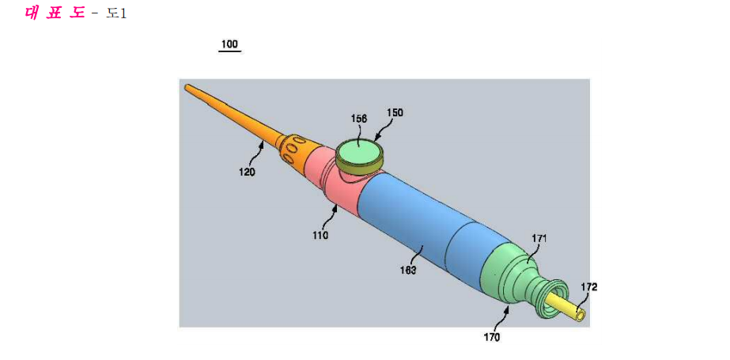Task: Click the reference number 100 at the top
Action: [229, 45]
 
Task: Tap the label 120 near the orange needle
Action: [248, 172]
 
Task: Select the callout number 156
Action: [359, 119]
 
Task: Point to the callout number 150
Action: [395, 112]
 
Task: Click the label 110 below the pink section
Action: [320, 235]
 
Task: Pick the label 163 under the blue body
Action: [408, 269]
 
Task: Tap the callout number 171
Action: [539, 239]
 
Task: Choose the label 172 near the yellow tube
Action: [588, 287]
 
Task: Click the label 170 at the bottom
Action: [492, 338]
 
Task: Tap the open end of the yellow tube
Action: [581, 316]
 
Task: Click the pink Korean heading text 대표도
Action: [55, 13]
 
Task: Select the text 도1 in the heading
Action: [116, 13]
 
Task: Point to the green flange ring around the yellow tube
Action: [551, 299]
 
